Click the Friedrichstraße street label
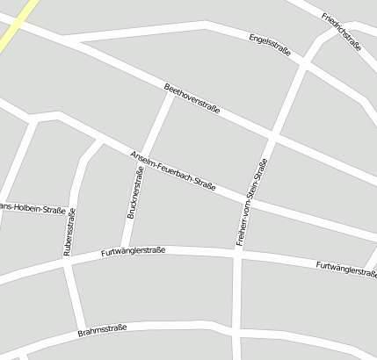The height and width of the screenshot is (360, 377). point(342,31)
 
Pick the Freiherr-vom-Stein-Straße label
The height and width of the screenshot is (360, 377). point(250,201)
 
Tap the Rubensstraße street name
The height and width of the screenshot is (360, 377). point(69,231)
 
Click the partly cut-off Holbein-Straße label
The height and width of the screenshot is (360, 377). point(33,209)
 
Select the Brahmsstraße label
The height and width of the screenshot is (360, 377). point(102,330)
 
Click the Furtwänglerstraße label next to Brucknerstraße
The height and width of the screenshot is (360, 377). point(134,251)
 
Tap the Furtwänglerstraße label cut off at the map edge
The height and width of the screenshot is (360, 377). point(346,268)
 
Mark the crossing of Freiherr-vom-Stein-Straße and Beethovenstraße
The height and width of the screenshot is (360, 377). point(275,137)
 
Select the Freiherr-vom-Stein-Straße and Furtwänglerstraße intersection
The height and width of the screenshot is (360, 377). point(238,255)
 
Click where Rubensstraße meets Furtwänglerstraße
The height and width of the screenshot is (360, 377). point(66,263)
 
